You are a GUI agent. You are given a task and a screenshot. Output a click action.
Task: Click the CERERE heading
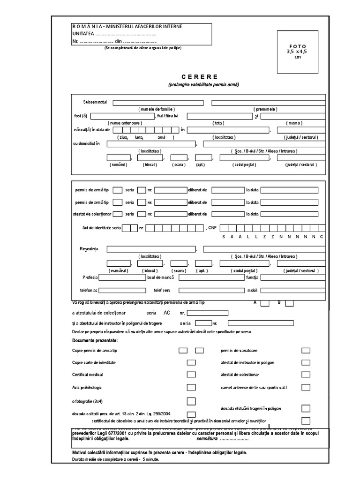(199, 76)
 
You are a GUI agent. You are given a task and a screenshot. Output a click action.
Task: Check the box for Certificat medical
(191, 375)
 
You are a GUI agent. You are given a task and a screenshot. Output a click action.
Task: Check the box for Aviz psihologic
(191, 387)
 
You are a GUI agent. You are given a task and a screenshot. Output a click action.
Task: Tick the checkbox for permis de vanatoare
(306, 350)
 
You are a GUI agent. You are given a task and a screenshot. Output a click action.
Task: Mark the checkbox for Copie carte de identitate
(191, 362)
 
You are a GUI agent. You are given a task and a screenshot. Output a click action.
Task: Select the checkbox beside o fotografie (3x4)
(191, 401)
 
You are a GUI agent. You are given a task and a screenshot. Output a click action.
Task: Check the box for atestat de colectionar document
(306, 375)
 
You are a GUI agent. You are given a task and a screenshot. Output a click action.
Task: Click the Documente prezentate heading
(95, 340)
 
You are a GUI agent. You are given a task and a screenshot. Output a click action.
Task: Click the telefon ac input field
(122, 290)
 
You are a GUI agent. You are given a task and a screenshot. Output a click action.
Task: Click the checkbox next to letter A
(265, 303)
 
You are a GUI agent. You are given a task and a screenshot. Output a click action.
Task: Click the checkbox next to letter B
(289, 303)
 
